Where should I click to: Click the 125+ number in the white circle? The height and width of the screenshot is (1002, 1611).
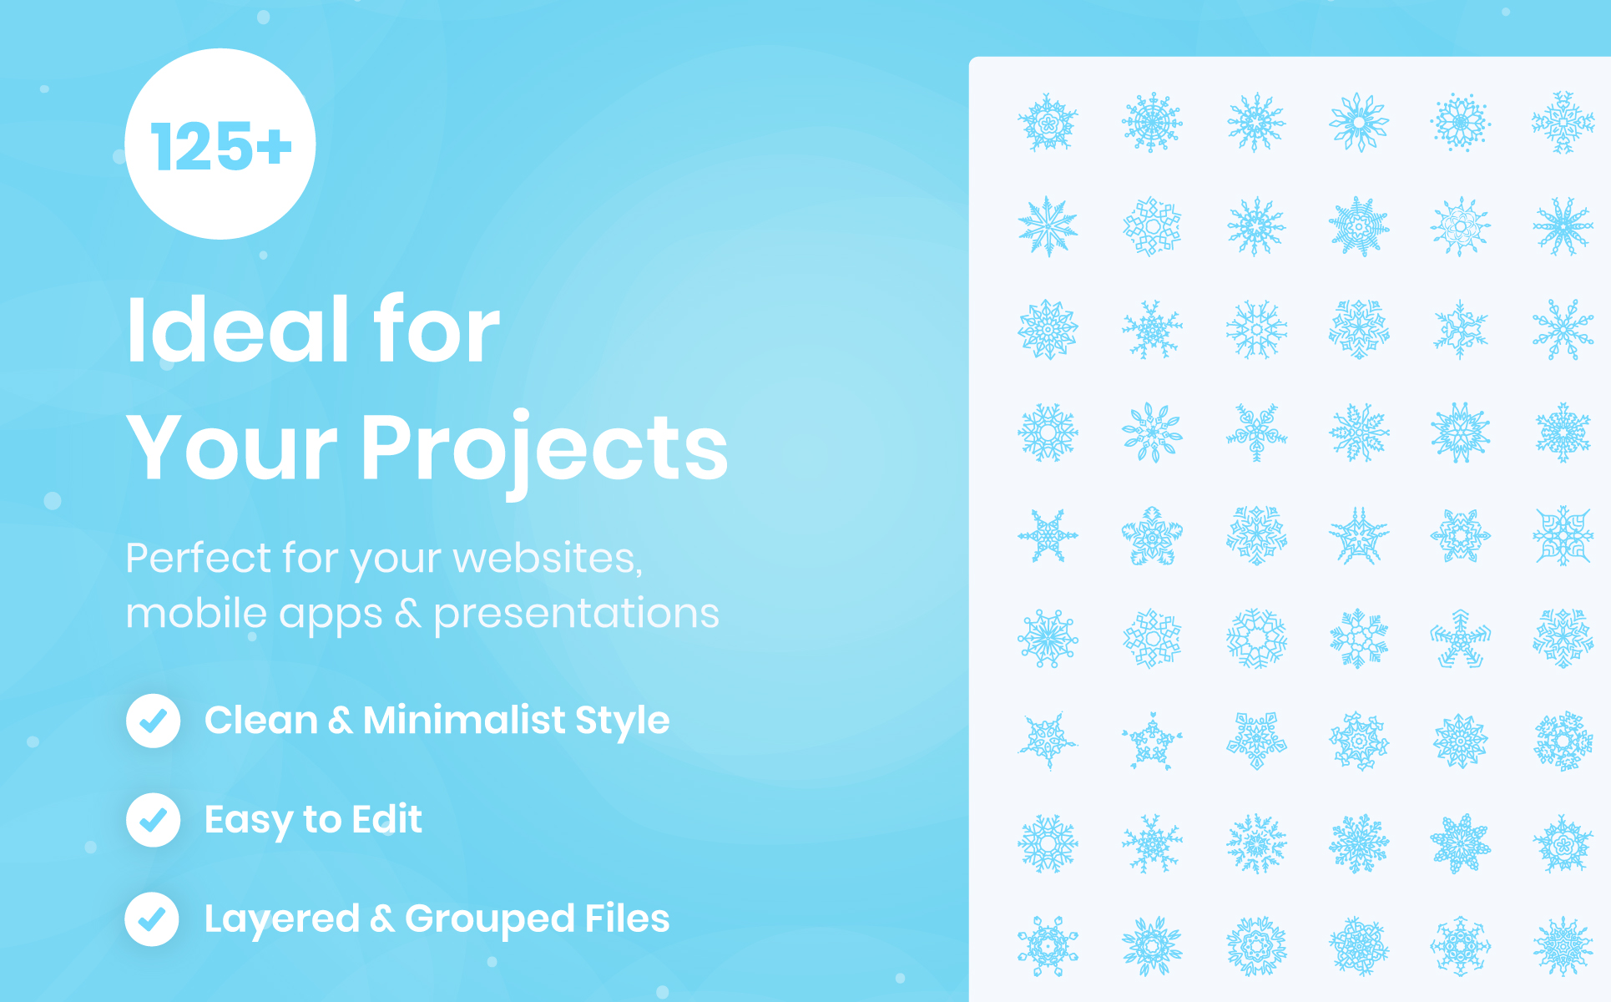pyautogui.click(x=221, y=146)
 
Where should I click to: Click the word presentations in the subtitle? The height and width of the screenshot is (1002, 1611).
pyautogui.click(x=576, y=615)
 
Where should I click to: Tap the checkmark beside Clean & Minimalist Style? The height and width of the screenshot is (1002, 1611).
pyautogui.click(x=154, y=721)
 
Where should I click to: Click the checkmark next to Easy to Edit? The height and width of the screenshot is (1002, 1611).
pyautogui.click(x=154, y=820)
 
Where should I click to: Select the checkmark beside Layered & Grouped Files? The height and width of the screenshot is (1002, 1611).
pyautogui.click(x=152, y=919)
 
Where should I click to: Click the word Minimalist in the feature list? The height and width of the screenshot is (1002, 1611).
pyautogui.click(x=464, y=720)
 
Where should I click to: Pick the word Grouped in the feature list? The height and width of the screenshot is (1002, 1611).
pyautogui.click(x=489, y=920)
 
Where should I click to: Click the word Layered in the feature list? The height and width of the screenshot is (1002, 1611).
pyautogui.click(x=282, y=920)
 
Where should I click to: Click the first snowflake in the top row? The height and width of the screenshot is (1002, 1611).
pyautogui.click(x=1048, y=122)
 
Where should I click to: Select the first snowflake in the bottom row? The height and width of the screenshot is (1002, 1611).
pyautogui.click(x=1048, y=946)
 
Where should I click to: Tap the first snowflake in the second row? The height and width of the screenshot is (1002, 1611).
pyautogui.click(x=1048, y=225)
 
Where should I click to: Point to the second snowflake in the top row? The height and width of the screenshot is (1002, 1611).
pyautogui.click(x=1152, y=122)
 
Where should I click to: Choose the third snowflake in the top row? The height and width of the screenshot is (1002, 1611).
pyautogui.click(x=1256, y=122)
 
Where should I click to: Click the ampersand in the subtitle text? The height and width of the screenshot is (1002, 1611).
pyautogui.click(x=408, y=614)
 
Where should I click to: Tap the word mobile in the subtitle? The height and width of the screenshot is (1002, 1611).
pyautogui.click(x=196, y=613)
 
